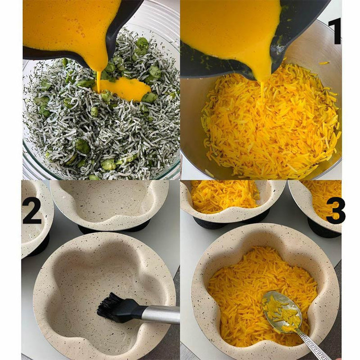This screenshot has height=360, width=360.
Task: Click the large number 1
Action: click(x=335, y=32)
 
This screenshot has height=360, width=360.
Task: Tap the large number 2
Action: click(x=32, y=212)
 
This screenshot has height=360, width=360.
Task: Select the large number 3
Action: click(x=336, y=211)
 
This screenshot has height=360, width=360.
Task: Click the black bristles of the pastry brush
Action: click(x=111, y=304)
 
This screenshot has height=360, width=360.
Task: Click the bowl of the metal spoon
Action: click(x=282, y=312)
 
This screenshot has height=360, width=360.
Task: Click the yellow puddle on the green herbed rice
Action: click(x=124, y=88)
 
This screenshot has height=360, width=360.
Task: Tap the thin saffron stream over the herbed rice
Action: click(x=99, y=82)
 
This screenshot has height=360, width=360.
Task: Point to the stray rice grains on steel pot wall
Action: click(x=324, y=63)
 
